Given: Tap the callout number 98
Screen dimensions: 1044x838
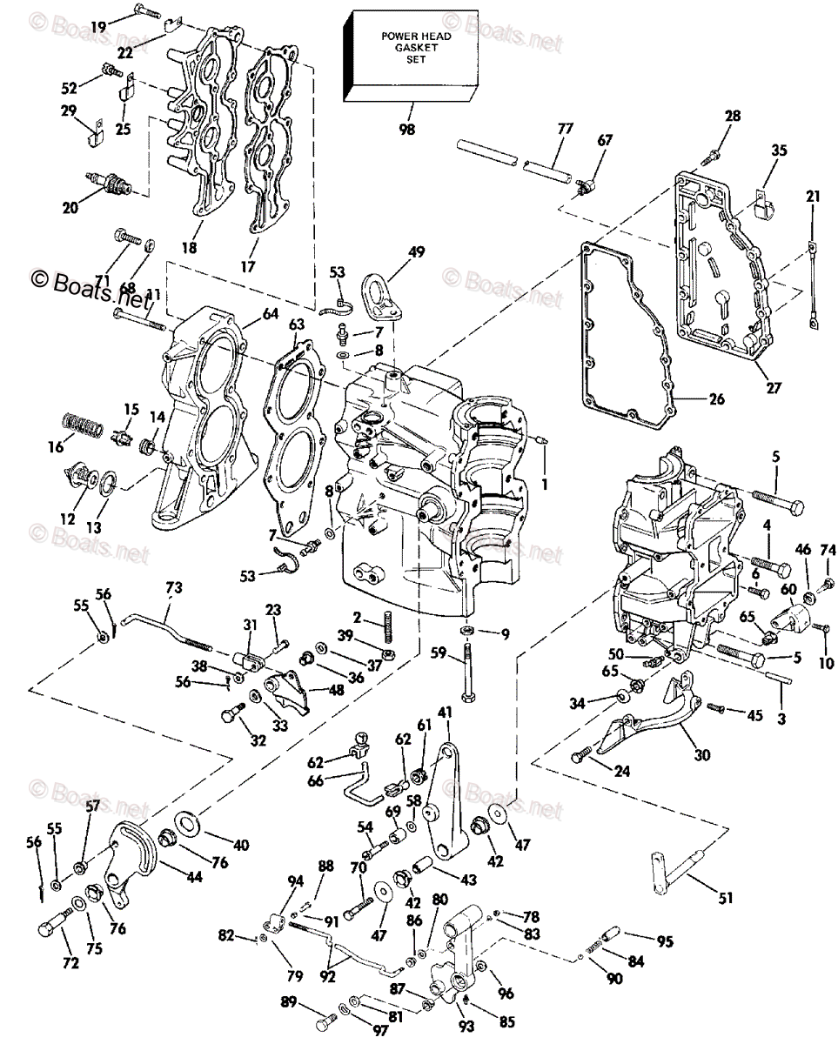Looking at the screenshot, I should pos(406,130).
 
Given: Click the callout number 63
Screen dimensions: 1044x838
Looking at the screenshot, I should pos(297,325).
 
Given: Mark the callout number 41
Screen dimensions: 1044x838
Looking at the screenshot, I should pos(446,712).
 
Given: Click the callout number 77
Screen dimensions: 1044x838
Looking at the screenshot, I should pos(565,128).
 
